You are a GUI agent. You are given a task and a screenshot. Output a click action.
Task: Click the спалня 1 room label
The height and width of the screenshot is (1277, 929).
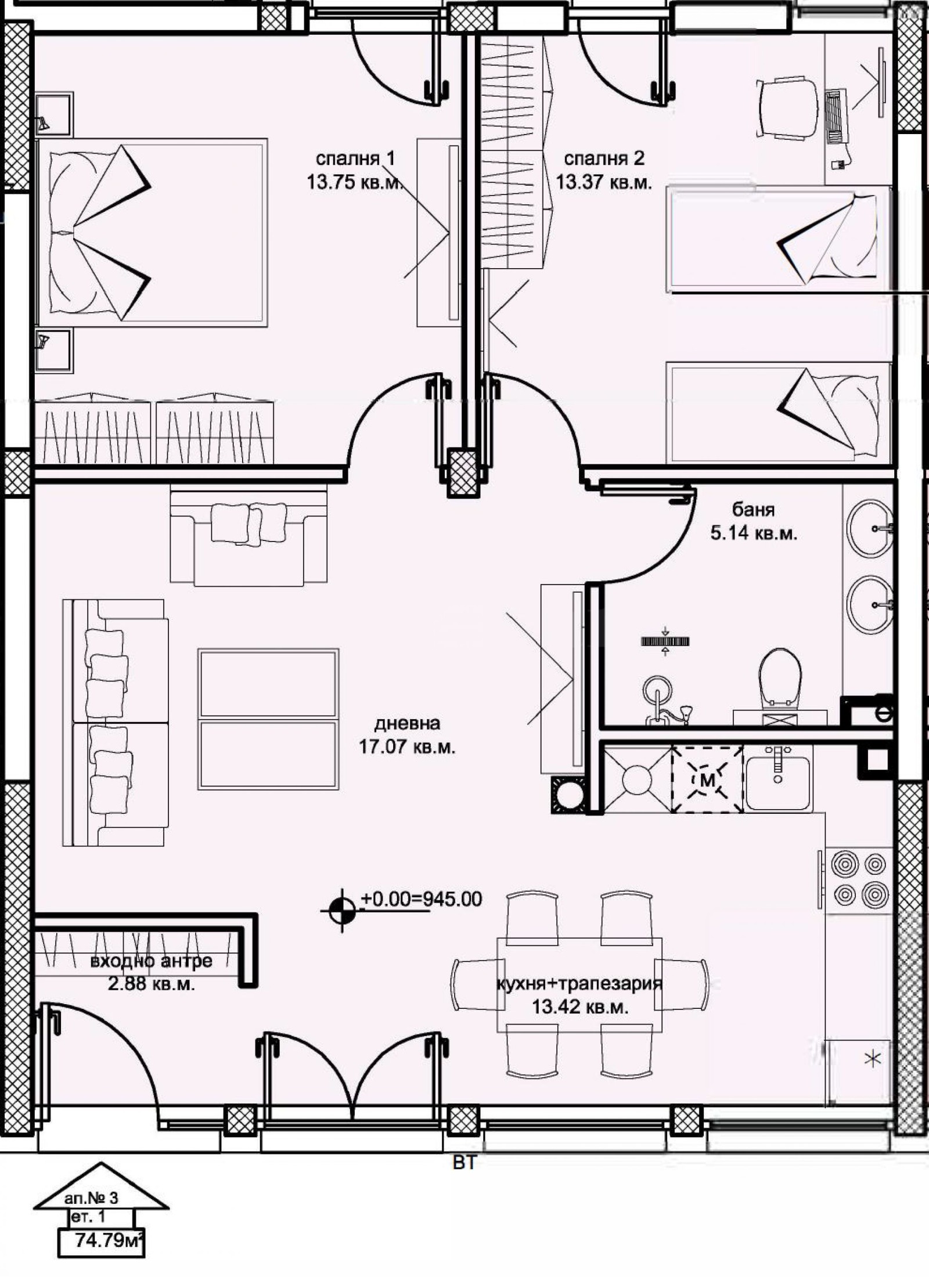click(x=355, y=158)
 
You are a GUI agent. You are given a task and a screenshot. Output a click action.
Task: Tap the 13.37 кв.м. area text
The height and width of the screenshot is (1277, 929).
click(x=603, y=183)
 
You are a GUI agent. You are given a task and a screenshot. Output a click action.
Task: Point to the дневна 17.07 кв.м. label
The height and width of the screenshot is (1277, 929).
click(x=407, y=735)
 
